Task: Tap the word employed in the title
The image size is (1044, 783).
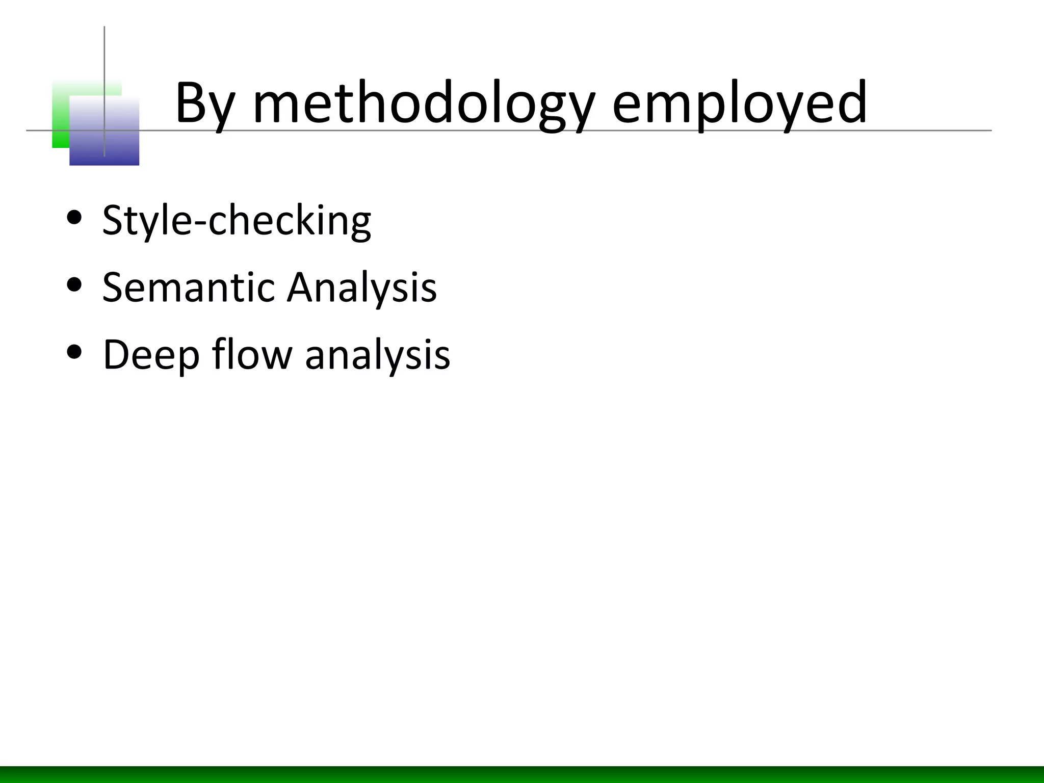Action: tap(739, 105)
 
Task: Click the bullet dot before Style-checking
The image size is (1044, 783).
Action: tap(74, 218)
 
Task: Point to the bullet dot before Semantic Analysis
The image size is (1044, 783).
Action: tap(74, 285)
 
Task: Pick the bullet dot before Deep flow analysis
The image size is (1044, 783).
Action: tap(74, 352)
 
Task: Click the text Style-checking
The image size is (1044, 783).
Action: tap(237, 221)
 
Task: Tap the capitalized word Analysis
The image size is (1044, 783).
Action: tap(361, 288)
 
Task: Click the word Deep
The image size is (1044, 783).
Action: tap(151, 355)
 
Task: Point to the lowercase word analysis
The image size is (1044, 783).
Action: tap(377, 355)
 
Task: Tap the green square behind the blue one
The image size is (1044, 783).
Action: tap(60, 112)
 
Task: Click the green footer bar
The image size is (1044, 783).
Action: tap(522, 774)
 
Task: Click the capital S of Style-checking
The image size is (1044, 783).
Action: tap(113, 220)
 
